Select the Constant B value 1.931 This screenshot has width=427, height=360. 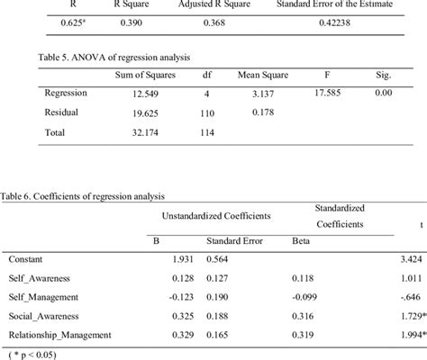click(x=172, y=259)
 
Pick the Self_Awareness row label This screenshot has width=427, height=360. click(x=40, y=278)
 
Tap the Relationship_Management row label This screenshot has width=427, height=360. click(x=59, y=335)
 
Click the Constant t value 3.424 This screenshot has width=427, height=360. click(x=411, y=259)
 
